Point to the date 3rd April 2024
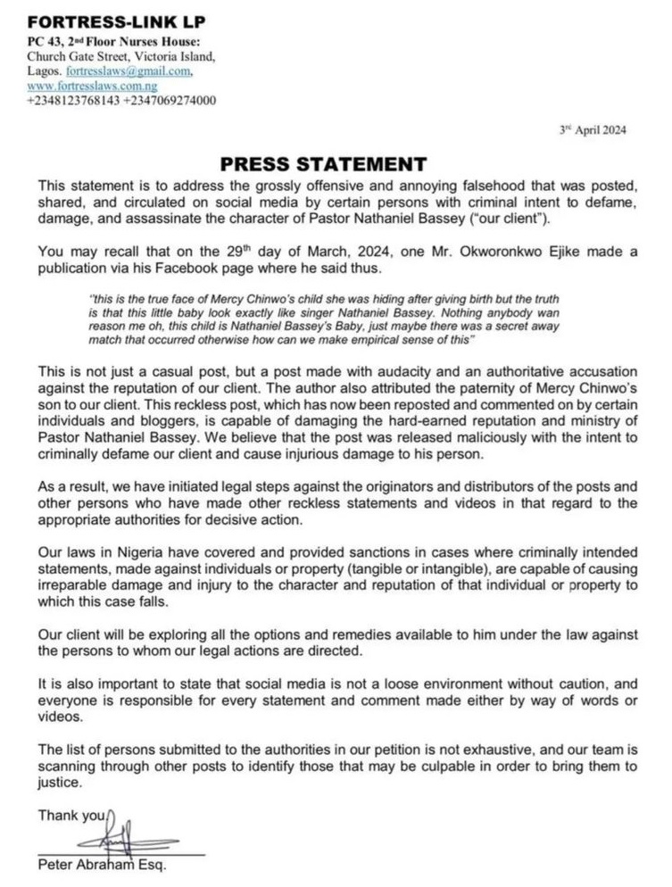coord(593,129)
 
